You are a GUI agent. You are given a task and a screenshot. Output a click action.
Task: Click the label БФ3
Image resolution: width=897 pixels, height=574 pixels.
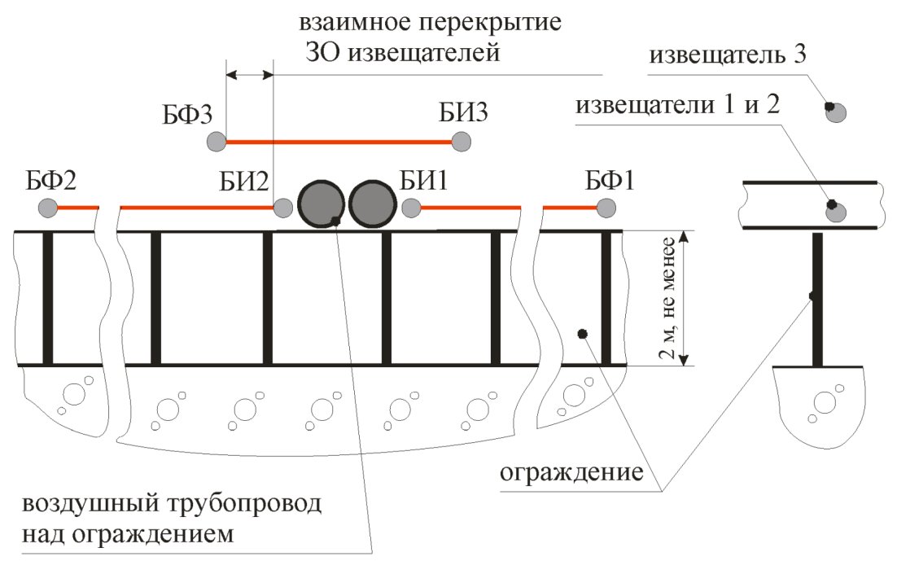click(x=187, y=115)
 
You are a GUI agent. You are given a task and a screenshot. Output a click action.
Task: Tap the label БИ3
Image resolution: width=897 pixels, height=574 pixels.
click(x=463, y=112)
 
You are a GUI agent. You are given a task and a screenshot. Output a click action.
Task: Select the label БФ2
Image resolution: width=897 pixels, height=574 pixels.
click(x=51, y=181)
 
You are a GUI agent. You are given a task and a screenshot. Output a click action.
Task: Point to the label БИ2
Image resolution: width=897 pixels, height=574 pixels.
click(x=243, y=182)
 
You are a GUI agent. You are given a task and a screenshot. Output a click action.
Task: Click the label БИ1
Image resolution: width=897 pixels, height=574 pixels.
click(x=423, y=181)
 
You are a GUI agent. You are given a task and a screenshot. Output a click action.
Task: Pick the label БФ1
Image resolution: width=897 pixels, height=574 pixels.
click(x=610, y=181)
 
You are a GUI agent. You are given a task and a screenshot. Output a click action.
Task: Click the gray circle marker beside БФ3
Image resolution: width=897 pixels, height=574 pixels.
click(x=217, y=141)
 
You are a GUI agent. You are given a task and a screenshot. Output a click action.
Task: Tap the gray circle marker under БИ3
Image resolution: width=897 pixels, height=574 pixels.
click(x=461, y=141)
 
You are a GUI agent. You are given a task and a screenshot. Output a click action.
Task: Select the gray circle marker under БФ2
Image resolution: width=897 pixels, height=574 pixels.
click(x=47, y=207)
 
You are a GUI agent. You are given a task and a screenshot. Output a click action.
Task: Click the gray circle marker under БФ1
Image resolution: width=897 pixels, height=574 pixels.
click(x=606, y=208)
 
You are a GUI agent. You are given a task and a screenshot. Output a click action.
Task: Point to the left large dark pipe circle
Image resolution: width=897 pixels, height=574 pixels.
click(x=321, y=204)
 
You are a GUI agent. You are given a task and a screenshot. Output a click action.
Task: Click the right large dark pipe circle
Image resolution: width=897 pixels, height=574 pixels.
click(x=373, y=204)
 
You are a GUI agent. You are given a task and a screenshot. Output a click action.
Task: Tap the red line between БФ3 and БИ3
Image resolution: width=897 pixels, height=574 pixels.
click(x=339, y=142)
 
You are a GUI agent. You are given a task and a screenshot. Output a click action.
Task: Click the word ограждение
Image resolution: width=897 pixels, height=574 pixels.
click(x=571, y=473)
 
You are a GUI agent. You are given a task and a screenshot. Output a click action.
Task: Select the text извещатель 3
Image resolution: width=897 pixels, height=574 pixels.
click(x=728, y=55)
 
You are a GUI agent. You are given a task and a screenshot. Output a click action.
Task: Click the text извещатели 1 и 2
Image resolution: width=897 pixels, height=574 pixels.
click(x=677, y=105)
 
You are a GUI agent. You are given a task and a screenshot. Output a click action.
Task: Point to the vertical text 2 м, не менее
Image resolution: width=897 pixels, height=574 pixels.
click(x=667, y=299)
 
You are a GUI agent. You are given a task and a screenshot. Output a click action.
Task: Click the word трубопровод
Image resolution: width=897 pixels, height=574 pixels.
click(x=244, y=505)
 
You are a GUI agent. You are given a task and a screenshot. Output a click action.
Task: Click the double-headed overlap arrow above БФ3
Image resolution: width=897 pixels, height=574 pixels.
click(x=250, y=74)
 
